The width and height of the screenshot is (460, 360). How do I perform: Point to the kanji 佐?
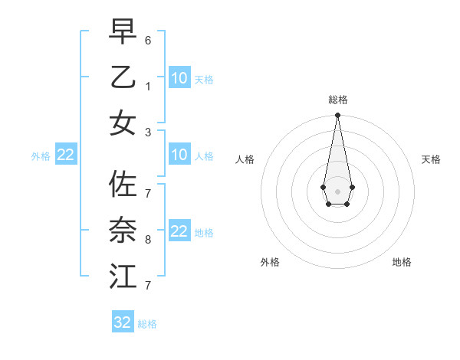(x=123, y=184)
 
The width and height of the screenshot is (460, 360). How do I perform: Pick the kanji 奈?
(x=123, y=230)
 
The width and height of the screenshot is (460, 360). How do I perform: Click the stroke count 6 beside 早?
(x=148, y=40)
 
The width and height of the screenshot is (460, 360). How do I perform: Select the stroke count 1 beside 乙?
(x=148, y=87)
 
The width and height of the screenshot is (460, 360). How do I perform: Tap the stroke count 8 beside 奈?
(x=148, y=240)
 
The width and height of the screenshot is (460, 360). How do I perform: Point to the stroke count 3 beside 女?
(x=148, y=132)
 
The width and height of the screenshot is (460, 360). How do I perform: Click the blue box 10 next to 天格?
(x=179, y=77)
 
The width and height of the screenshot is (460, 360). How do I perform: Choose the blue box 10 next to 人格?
(x=179, y=155)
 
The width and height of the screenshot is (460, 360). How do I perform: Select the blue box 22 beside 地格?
(x=179, y=231)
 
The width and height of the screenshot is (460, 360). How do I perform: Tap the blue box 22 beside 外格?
(x=65, y=155)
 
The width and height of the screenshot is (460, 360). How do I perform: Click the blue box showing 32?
(x=123, y=322)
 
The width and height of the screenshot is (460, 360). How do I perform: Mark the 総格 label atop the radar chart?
(x=337, y=100)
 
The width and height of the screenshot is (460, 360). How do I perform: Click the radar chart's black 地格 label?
(x=402, y=262)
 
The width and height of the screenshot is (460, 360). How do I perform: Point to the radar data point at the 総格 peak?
(x=337, y=115)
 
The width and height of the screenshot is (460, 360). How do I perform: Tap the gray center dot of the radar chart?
(x=337, y=191)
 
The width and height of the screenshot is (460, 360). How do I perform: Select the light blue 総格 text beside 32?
(x=147, y=324)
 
